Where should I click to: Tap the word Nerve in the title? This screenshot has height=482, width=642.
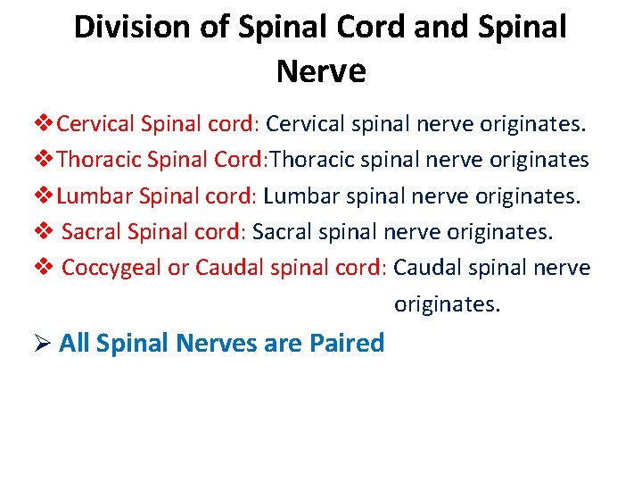321,71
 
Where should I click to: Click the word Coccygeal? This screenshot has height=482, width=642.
111,268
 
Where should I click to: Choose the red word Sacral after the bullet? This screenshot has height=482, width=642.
93,232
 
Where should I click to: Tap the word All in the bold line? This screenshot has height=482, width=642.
74,343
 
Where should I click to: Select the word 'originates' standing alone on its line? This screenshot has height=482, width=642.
448,304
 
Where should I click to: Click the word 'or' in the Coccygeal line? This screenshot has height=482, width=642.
178,268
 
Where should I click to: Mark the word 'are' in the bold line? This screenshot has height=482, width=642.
283,343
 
